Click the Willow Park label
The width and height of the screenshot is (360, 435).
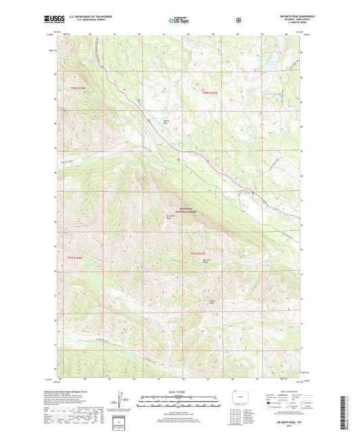pyautogui.click(x=165, y=122)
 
